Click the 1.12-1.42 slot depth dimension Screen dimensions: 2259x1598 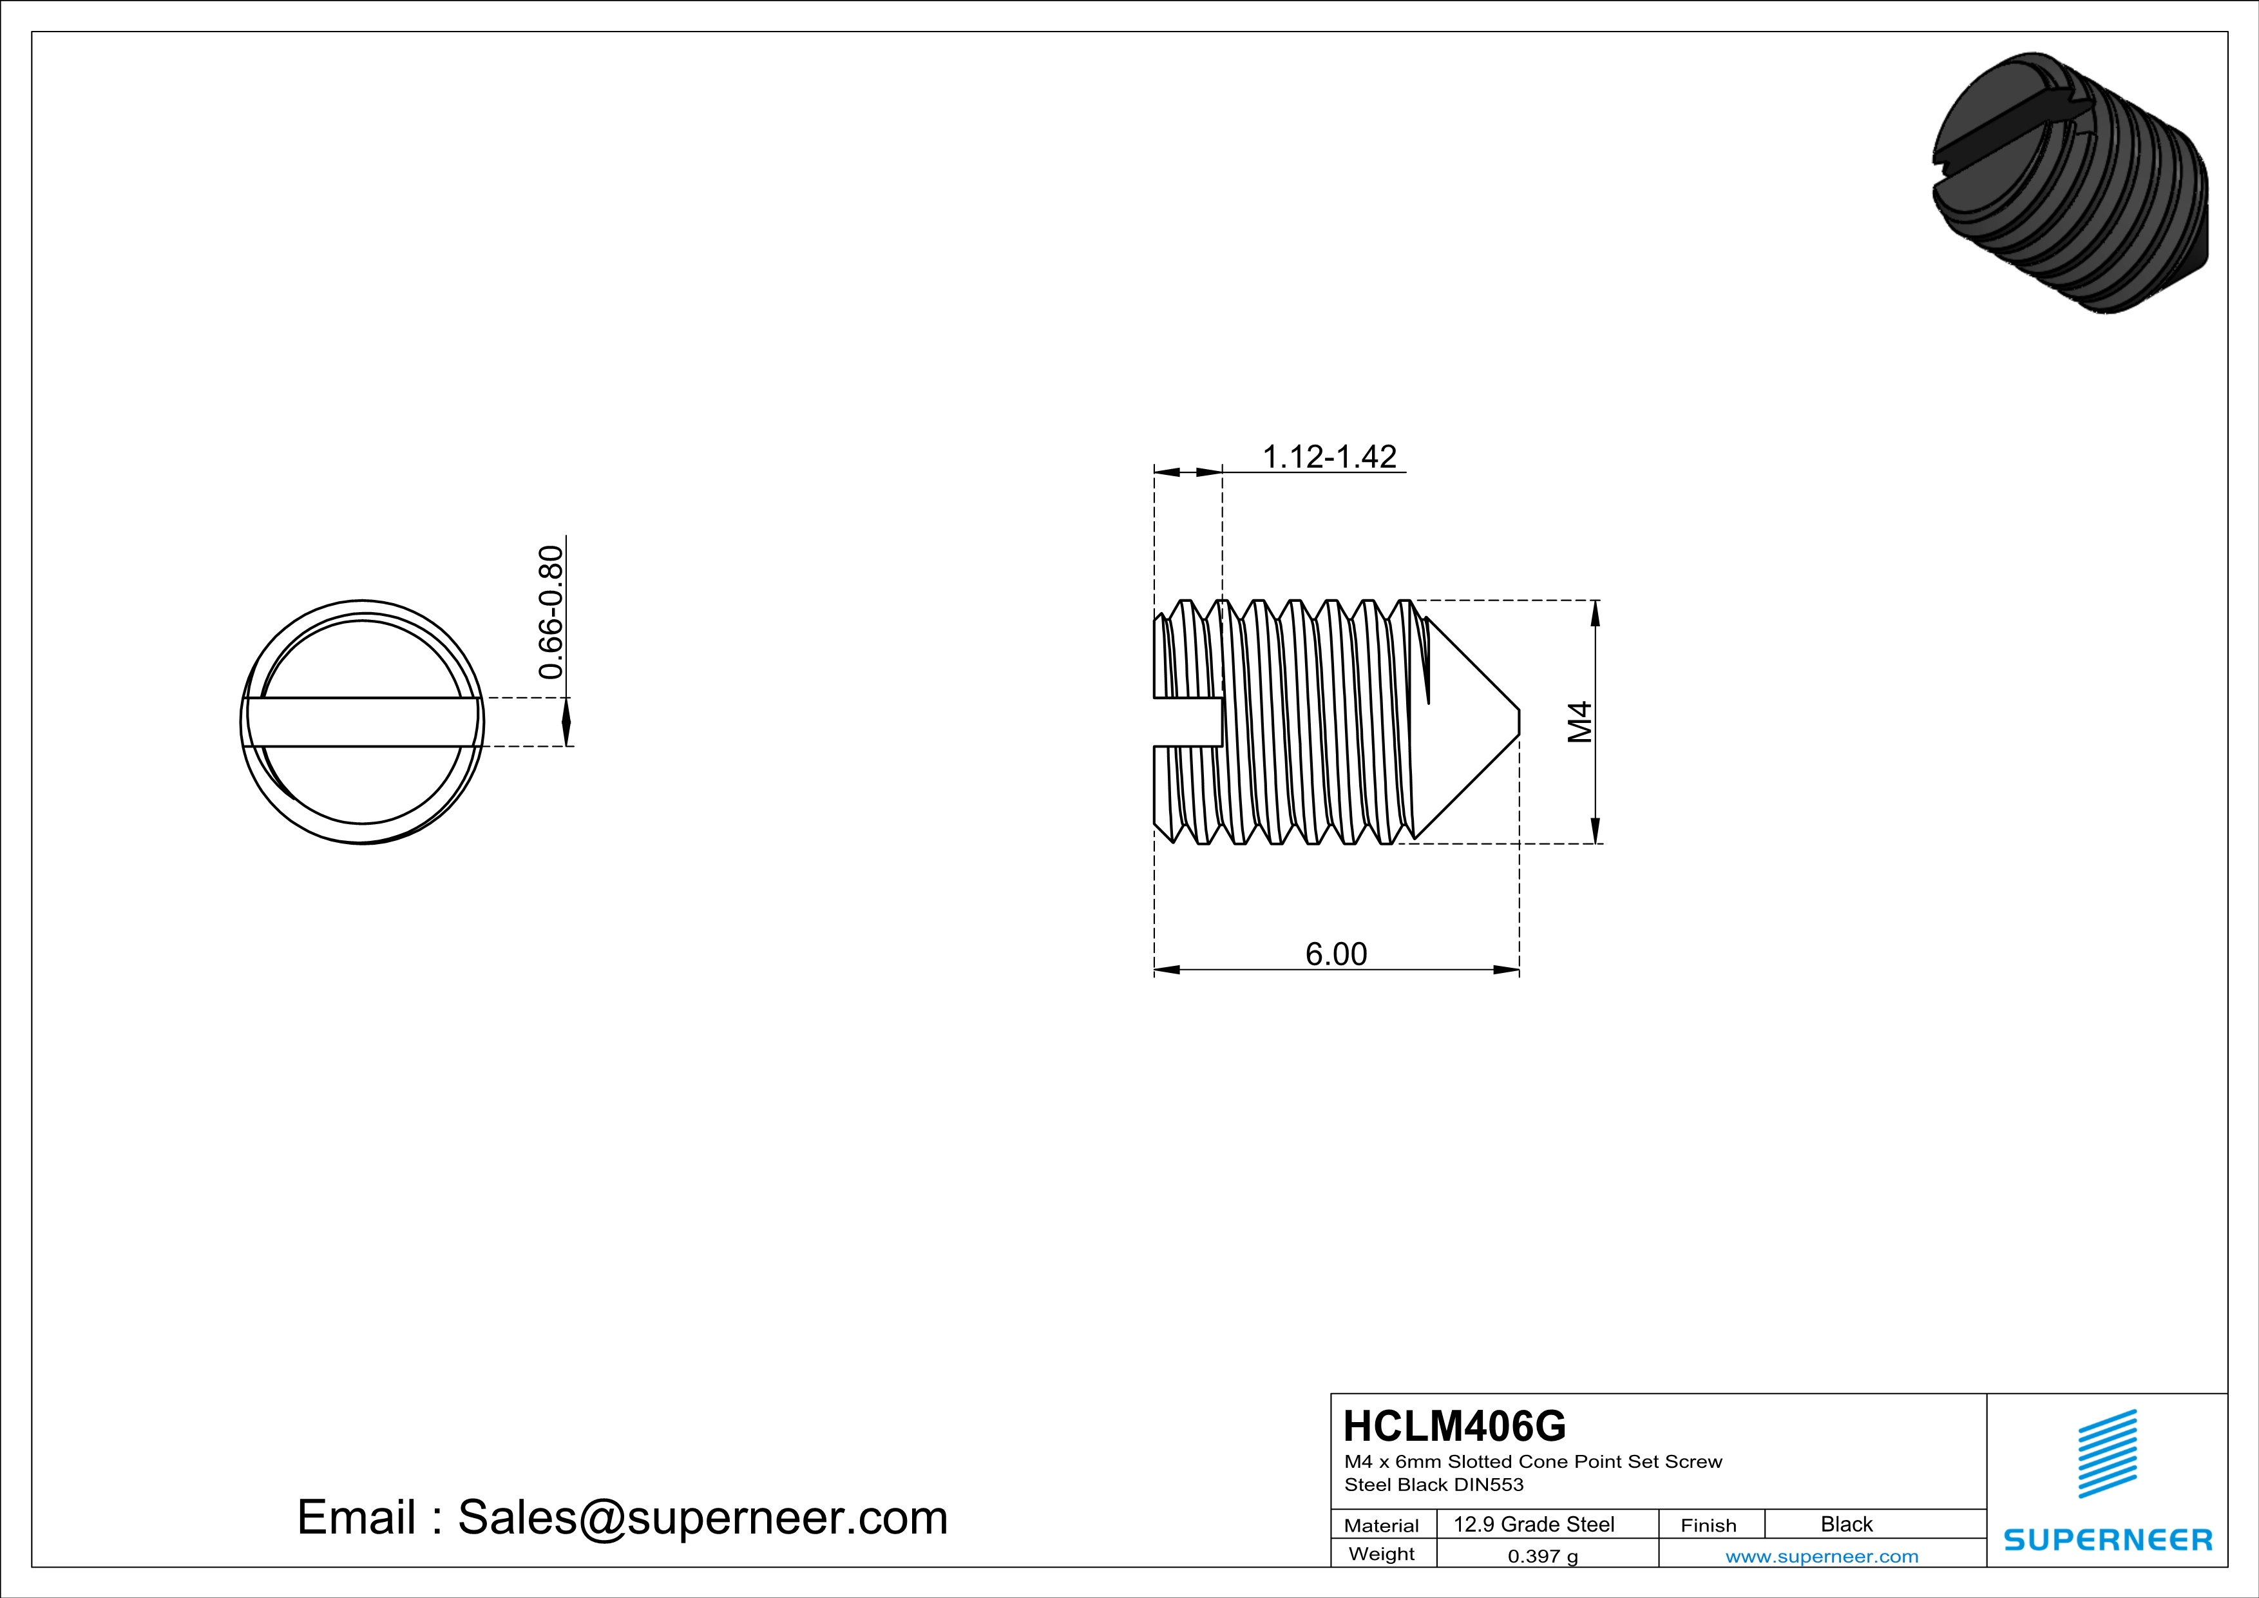1330,457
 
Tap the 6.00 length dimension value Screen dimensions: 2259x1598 1336,954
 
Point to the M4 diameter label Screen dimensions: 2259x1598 1579,722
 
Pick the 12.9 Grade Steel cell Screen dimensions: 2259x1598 1534,1524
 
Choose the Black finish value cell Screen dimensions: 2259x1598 1847,1524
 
